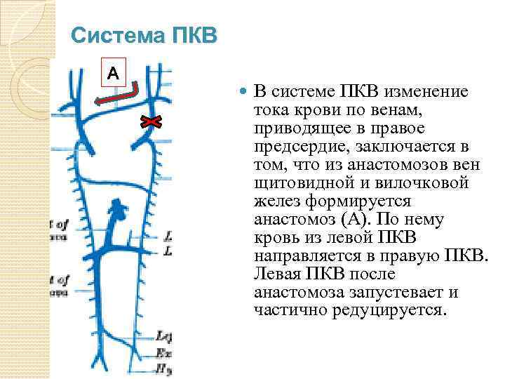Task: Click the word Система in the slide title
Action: pyautogui.click(x=114, y=35)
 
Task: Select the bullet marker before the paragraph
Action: pyautogui.click(x=243, y=92)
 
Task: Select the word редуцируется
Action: pyautogui.click(x=382, y=311)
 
